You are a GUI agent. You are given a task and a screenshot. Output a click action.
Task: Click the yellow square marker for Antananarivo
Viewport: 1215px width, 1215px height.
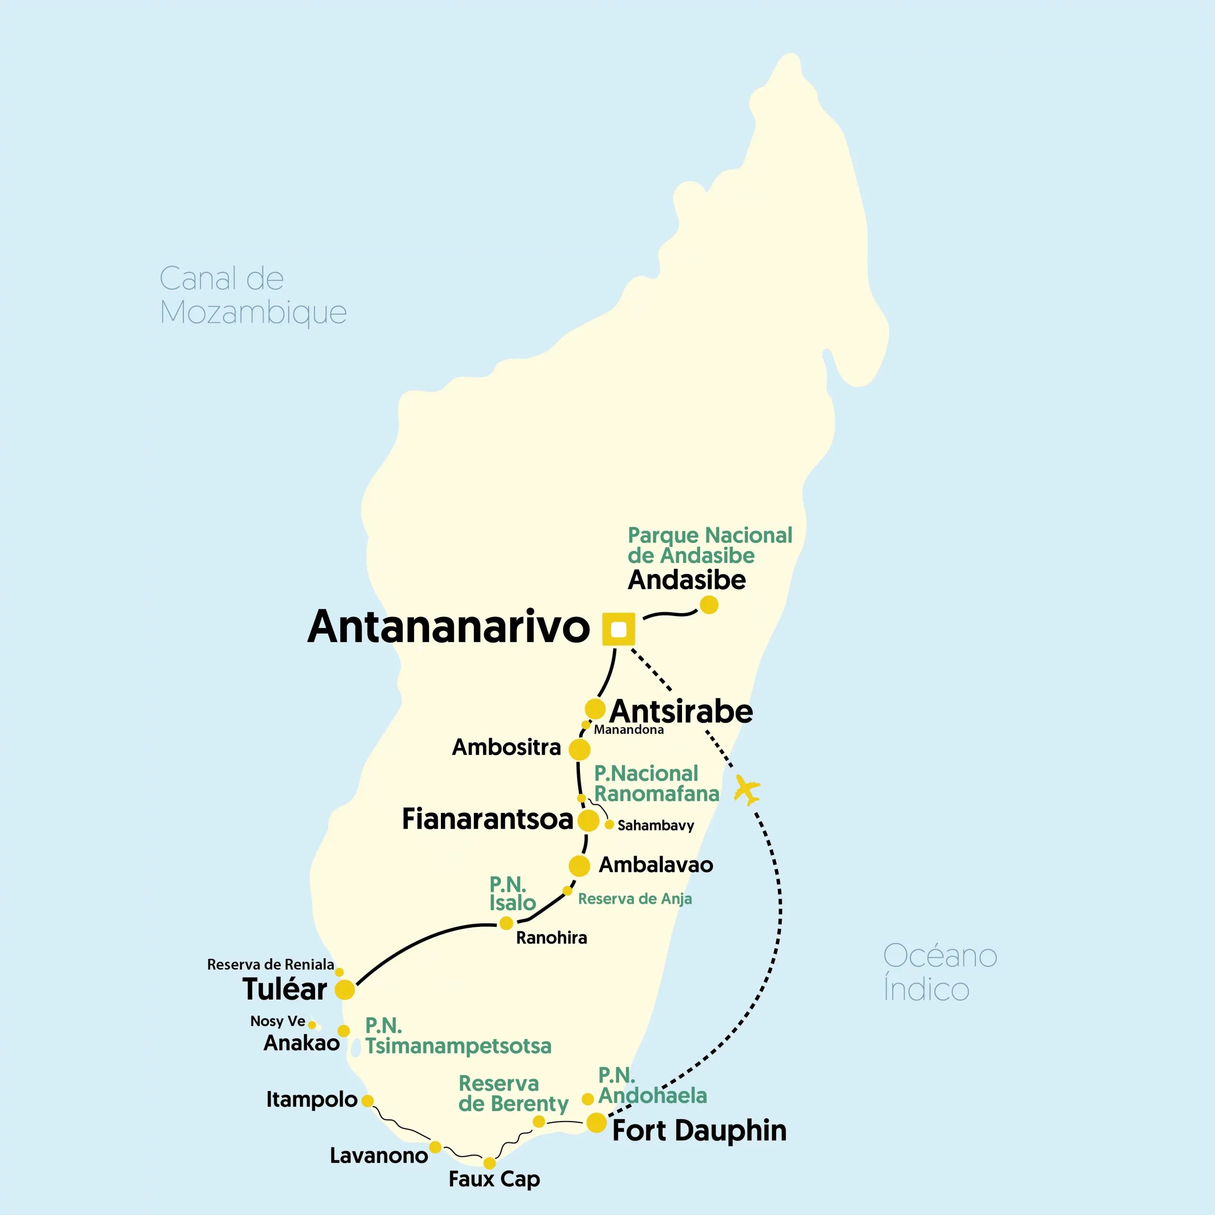618,629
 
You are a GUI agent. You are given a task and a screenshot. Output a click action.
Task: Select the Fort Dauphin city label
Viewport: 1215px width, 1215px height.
699,1130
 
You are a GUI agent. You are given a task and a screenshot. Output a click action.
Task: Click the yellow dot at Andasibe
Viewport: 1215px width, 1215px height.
709,604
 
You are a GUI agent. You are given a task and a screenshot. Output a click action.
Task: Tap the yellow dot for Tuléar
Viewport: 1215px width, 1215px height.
345,989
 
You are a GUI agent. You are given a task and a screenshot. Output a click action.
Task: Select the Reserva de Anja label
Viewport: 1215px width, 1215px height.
635,898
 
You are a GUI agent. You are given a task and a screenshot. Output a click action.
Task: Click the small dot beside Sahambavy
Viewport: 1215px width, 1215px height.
609,824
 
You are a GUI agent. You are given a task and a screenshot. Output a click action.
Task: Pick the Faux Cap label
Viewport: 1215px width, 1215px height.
494,1179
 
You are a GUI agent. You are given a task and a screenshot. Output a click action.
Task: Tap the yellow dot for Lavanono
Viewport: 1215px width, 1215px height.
435,1147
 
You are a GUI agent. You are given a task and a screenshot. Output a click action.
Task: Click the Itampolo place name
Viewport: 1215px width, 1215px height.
311,1099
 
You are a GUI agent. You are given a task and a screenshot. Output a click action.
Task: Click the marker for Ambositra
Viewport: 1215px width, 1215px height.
579,749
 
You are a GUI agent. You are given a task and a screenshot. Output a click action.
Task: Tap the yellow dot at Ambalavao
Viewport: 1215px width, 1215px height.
579,865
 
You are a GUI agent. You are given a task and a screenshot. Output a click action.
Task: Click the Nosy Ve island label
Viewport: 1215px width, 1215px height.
277,1021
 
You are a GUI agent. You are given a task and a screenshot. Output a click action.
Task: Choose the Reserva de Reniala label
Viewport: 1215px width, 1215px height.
271,964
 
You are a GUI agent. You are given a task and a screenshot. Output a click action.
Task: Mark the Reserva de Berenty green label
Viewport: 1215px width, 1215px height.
513,1093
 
